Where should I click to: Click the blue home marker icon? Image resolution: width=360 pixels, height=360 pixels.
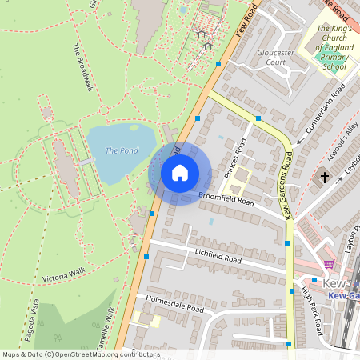180,173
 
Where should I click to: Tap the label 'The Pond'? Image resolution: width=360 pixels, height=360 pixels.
122,150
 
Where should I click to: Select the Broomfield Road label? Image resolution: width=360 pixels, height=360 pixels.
226,198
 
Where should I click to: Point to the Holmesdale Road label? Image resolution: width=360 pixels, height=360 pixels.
169,303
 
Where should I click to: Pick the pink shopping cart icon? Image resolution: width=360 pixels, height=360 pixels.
328,263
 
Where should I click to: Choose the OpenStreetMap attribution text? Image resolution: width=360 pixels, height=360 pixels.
81,354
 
